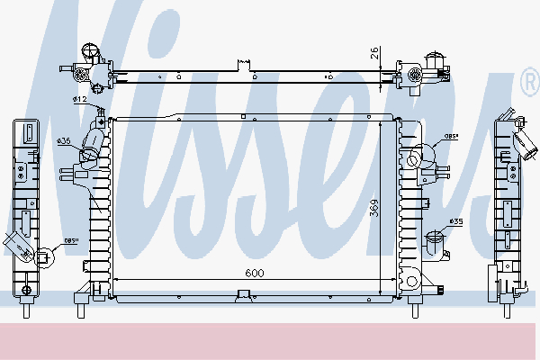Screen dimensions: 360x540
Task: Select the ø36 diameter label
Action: pyautogui.click(x=64, y=141)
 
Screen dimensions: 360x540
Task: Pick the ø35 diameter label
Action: pyautogui.click(x=455, y=221)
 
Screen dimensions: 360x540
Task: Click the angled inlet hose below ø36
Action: pyautogui.click(x=90, y=148)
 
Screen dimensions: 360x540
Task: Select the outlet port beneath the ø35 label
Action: pyautogui.click(x=435, y=244)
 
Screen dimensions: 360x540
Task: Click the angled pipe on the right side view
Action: pyautogui.click(x=522, y=141)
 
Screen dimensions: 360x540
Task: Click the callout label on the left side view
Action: pyautogui.click(x=71, y=239)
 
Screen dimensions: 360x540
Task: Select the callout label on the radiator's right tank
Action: pyautogui.click(x=450, y=138)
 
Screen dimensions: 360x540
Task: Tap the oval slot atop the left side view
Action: pyautogui.click(x=29, y=134)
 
